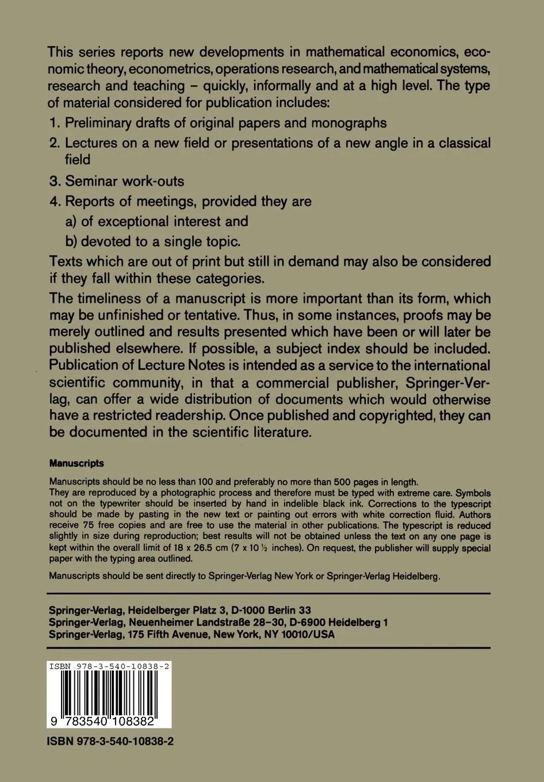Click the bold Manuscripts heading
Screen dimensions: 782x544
(x=76, y=463)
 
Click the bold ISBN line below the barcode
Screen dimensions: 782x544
(x=110, y=742)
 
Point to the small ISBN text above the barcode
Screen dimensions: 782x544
(x=109, y=666)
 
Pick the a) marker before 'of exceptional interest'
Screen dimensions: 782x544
(x=71, y=221)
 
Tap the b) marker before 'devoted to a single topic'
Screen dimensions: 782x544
(x=71, y=241)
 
